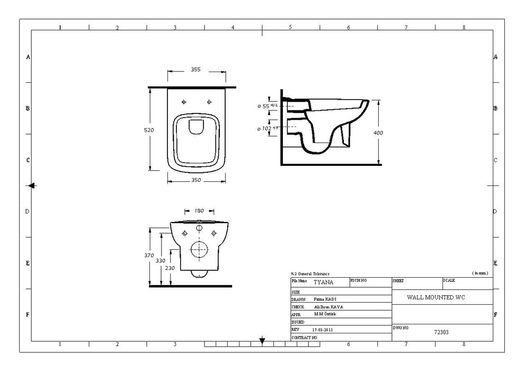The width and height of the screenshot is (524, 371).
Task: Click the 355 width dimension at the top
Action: click(x=194, y=69)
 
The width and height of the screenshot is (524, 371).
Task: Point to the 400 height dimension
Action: click(x=378, y=132)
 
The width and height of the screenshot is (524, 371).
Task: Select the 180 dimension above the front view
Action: click(x=199, y=210)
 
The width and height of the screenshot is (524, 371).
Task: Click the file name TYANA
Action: click(x=324, y=283)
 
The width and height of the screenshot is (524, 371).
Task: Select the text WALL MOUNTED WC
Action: click(x=436, y=298)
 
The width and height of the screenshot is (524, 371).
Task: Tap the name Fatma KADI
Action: click(x=324, y=299)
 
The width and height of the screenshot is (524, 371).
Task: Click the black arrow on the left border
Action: click(x=32, y=185)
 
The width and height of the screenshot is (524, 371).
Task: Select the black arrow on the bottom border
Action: click(x=262, y=340)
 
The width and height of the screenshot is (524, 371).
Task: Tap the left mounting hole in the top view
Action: click(x=184, y=101)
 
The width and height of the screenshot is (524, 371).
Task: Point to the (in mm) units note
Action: click(x=480, y=273)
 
